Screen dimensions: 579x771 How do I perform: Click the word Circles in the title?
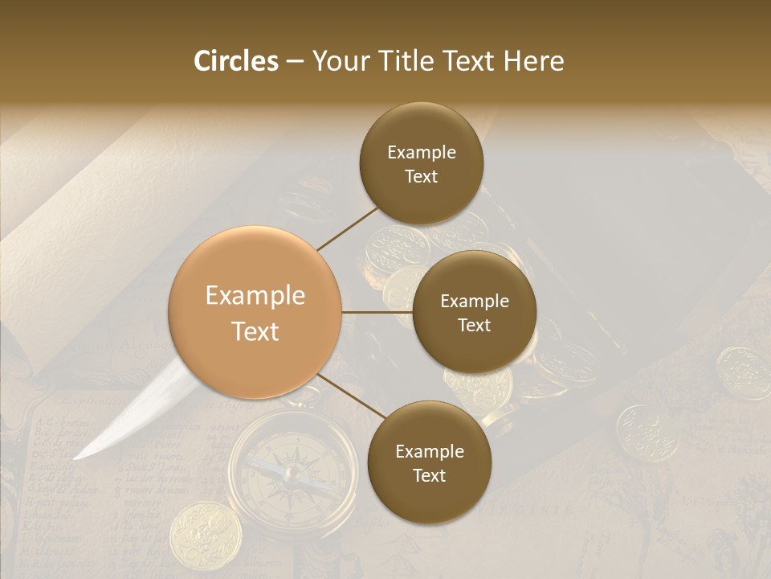235,61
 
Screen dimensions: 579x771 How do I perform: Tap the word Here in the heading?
533,61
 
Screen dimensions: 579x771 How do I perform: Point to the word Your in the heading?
341,61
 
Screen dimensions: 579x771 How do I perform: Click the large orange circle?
255,313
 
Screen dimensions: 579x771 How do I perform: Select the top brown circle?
421,164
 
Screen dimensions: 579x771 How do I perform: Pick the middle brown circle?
474,312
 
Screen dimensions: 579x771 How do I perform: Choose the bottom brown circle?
429,462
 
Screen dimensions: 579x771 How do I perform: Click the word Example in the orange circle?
255,296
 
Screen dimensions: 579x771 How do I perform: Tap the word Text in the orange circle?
255,331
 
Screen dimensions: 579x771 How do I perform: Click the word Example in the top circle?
422,153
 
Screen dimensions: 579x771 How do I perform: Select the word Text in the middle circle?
474,325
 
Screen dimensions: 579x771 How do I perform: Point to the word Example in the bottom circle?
430,451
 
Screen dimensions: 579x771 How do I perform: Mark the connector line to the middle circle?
377,312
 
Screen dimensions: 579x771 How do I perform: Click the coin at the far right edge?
744,373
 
